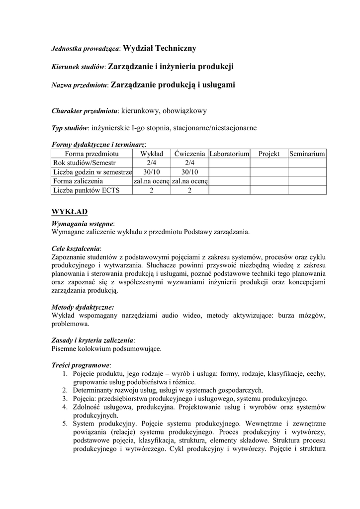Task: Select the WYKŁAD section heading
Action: click(x=70, y=212)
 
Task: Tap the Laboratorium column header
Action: click(x=229, y=155)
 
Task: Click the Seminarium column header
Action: click(x=307, y=155)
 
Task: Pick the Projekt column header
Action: click(x=269, y=155)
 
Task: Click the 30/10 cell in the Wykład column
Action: click(x=152, y=172)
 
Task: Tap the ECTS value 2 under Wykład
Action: click(x=152, y=190)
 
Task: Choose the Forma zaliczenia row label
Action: click(x=78, y=181)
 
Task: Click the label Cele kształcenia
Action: click(x=76, y=248)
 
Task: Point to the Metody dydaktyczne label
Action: click(x=83, y=307)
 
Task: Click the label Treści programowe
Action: click(x=81, y=365)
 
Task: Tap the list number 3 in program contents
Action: click(x=65, y=399)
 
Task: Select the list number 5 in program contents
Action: click(x=65, y=424)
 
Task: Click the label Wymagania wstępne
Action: click(x=83, y=224)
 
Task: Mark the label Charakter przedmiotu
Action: click(x=85, y=111)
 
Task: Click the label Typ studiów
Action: click(x=70, y=128)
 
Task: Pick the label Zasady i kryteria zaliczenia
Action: click(x=92, y=340)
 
